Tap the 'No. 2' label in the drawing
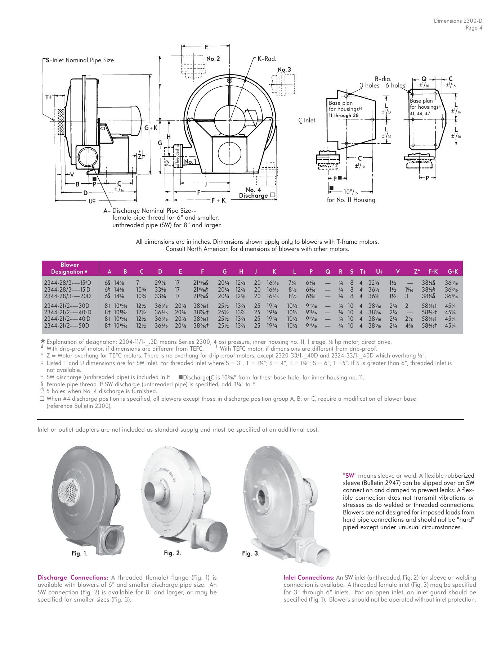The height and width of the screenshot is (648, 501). [213, 59]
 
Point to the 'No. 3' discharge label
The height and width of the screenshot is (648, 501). [284, 69]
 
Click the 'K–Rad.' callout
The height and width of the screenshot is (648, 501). [267, 59]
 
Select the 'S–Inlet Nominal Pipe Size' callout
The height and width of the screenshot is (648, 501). [80, 60]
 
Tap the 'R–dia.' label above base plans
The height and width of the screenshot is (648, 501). [383, 78]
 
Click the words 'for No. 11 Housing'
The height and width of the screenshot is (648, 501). [351, 200]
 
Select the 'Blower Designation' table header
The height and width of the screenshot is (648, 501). [70, 268]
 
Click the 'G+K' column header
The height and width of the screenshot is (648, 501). [452, 272]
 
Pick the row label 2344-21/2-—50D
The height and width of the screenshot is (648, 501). [67, 325]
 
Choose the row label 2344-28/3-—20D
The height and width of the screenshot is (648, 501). [67, 296]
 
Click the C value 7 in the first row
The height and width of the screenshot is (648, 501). [138, 283]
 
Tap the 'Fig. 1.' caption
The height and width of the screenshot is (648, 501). [79, 554]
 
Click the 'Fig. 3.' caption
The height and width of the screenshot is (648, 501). [250, 553]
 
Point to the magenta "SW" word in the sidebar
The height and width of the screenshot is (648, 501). [349, 476]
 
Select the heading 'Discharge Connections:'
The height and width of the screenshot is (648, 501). [73, 577]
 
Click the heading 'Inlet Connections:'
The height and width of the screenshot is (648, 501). [309, 577]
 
